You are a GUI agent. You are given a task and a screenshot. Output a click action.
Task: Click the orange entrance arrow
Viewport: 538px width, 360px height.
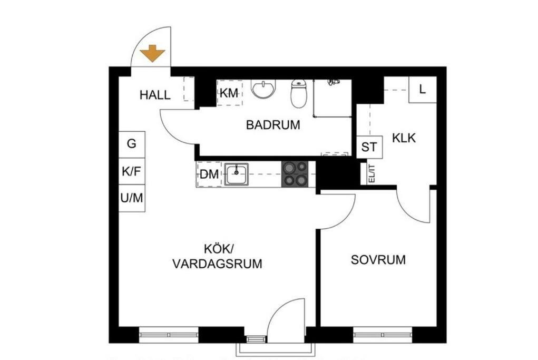click(x=153, y=54)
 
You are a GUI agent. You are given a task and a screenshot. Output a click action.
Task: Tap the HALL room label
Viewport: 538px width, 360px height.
click(x=155, y=95)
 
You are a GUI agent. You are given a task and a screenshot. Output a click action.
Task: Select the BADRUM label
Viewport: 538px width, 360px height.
click(x=273, y=124)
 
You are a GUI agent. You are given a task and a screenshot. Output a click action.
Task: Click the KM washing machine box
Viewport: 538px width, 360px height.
click(x=230, y=93)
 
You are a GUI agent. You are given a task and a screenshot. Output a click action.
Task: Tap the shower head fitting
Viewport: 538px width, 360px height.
click(x=332, y=82)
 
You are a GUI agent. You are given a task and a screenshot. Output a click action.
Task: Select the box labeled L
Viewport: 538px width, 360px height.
click(x=423, y=90)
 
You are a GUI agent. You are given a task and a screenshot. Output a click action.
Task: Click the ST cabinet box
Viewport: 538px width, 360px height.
click(x=369, y=147)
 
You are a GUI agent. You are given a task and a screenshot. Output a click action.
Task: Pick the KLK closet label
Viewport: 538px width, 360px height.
click(x=404, y=138)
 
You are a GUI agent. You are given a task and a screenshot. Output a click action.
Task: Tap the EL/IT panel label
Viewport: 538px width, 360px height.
click(x=371, y=173)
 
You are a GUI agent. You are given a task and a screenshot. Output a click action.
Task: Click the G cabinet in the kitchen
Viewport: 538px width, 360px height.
click(x=132, y=144)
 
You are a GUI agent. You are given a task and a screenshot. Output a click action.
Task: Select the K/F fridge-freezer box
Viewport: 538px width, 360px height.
click(x=132, y=171)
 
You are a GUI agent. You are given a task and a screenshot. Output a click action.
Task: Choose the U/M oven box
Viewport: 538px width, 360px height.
click(x=132, y=198)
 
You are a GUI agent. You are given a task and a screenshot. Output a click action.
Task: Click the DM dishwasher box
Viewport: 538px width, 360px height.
click(x=209, y=174)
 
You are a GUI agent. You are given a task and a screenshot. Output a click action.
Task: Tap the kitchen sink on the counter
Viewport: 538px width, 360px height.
click(x=237, y=174)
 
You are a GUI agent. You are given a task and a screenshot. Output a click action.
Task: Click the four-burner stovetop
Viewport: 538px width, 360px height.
click(x=295, y=174)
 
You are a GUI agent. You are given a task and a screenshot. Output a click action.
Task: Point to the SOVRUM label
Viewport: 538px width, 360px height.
click(x=378, y=259)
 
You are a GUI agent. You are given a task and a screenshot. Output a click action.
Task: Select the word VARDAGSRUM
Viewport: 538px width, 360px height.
click(x=217, y=264)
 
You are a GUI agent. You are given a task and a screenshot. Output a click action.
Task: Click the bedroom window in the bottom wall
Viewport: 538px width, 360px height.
click(x=383, y=335)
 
